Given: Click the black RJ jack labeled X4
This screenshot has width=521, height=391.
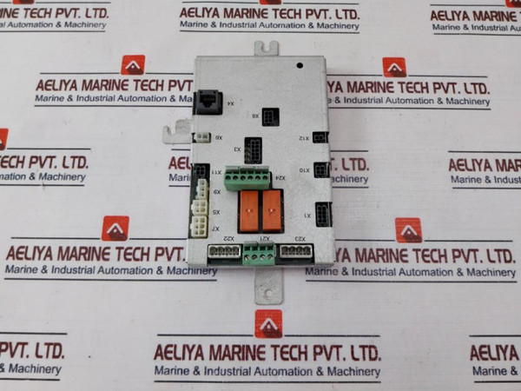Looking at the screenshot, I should (209, 100).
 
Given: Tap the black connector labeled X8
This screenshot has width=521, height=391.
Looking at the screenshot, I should (271, 117).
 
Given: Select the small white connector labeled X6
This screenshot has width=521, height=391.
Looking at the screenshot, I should (202, 137).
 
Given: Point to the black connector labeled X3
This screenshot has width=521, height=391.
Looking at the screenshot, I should (253, 149).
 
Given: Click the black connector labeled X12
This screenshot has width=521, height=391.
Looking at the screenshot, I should (320, 137).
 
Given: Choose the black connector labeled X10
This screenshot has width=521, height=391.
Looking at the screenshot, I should (321, 169).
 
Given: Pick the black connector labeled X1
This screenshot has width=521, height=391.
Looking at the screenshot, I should (323, 214).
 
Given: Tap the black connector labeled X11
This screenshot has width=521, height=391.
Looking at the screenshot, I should (201, 172).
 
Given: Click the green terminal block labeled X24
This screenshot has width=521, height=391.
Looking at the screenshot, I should (248, 179).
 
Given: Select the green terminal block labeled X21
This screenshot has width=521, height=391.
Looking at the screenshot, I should (258, 254).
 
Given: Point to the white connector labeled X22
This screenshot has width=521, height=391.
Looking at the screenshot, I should (224, 252).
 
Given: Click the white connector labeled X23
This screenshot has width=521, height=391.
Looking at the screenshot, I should (295, 252).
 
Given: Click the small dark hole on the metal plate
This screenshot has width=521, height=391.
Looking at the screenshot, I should (299, 64).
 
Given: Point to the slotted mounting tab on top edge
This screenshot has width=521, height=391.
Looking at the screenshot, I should (267, 48).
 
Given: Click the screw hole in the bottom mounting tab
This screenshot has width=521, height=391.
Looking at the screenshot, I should (268, 293).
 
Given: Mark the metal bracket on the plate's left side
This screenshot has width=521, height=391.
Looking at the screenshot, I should (177, 132).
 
